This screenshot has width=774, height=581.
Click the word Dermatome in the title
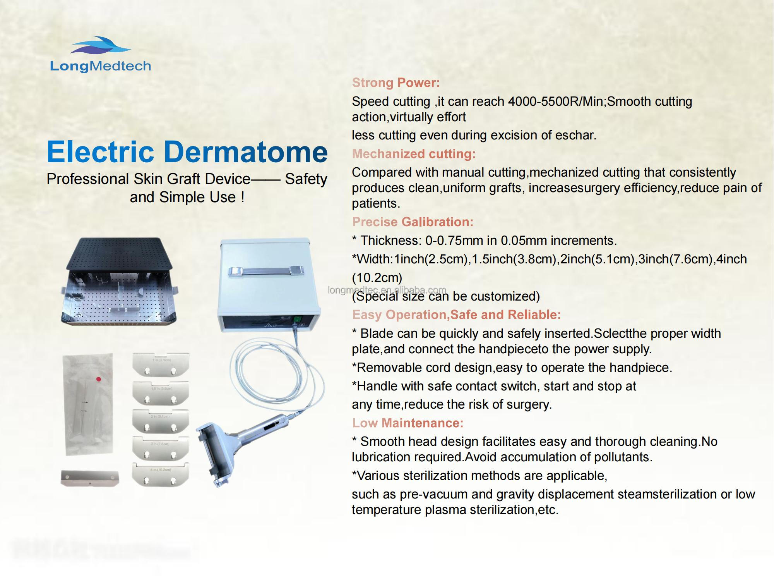click(x=246, y=152)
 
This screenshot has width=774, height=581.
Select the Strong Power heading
click(x=396, y=83)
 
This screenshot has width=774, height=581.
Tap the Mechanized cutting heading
click(x=413, y=154)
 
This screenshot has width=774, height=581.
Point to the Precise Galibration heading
click(x=413, y=222)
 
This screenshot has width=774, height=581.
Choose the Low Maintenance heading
click(x=408, y=423)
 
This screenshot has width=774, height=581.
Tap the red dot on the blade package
click(x=99, y=379)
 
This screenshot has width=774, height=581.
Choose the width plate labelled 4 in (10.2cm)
click(x=160, y=474)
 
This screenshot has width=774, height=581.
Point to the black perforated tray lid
click(x=119, y=253)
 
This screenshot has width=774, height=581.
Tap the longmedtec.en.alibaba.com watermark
click(x=387, y=290)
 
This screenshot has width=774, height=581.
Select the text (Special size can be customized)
click(x=445, y=296)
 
